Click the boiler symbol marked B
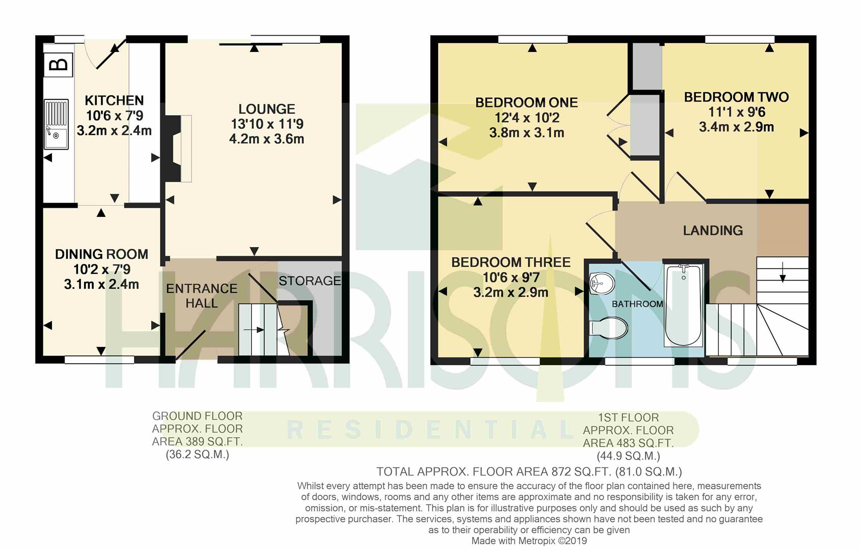(x=59, y=65)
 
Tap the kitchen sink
(x=56, y=124)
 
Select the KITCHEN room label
(x=114, y=100)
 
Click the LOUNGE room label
(x=266, y=109)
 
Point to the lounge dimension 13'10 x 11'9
(x=267, y=124)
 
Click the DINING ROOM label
(x=101, y=254)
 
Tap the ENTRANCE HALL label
(x=202, y=296)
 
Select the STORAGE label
(x=310, y=281)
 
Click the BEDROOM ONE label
(x=526, y=102)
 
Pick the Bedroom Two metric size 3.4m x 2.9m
(x=736, y=127)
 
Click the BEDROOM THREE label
(x=510, y=262)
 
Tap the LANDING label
(x=713, y=230)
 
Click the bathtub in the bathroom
(x=684, y=305)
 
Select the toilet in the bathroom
(x=608, y=328)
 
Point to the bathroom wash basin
(x=602, y=284)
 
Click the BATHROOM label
(x=637, y=304)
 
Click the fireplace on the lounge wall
(x=173, y=148)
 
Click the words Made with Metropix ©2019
(x=529, y=541)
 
